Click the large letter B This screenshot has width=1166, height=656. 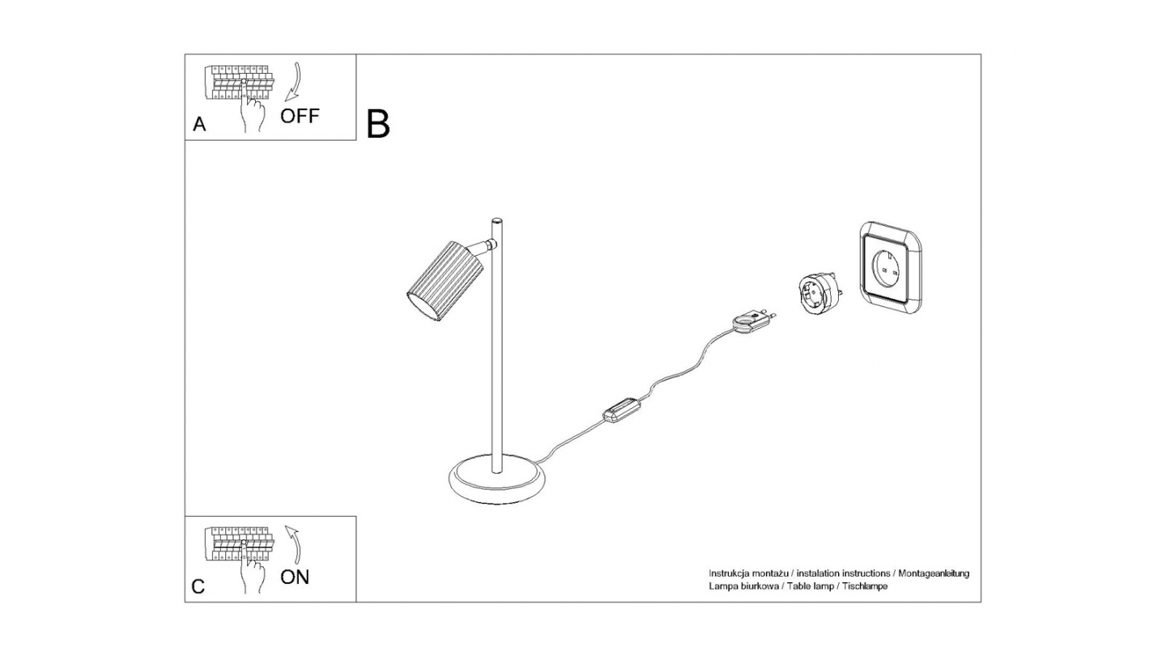click(x=378, y=124)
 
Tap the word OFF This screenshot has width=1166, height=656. click(x=300, y=116)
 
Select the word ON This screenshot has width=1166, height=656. click(x=295, y=577)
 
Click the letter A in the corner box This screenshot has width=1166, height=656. click(x=199, y=125)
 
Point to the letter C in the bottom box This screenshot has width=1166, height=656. click(x=198, y=587)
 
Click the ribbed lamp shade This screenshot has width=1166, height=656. click(x=445, y=279)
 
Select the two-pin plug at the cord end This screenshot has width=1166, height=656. click(x=751, y=318)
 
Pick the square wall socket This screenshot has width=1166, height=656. click(x=890, y=266)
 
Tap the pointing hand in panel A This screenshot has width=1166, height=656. click(x=253, y=109)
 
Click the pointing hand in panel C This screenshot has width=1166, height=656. click(x=253, y=571)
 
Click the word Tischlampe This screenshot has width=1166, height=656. click(x=865, y=586)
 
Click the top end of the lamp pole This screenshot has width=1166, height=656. click(x=497, y=221)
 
